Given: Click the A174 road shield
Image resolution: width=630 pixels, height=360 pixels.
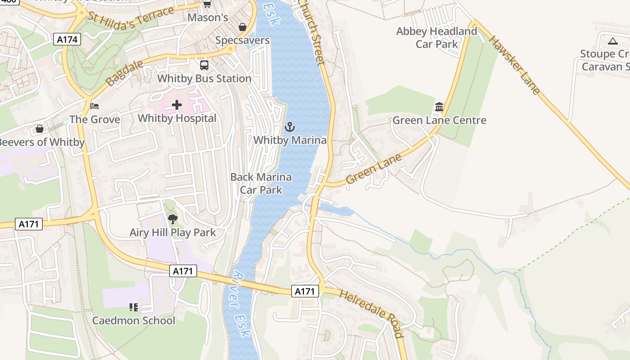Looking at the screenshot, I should tap(68, 40).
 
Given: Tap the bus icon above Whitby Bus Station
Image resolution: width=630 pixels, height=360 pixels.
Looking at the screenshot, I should tap(204, 65).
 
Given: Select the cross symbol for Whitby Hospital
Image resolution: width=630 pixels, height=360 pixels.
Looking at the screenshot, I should tap(177, 105).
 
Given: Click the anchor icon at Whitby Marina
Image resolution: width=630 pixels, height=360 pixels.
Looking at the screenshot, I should tap(290, 127).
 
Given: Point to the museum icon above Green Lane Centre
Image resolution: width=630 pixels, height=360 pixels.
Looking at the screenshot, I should tap(439, 107).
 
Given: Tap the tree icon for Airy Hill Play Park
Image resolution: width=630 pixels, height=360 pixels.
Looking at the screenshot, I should tap(172, 219).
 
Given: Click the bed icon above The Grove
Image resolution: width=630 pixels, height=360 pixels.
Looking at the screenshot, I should tap(94, 106).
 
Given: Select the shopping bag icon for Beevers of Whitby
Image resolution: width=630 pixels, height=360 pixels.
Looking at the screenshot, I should tap(40, 129).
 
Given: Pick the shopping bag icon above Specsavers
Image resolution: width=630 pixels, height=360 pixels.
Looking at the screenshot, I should tap(242, 27).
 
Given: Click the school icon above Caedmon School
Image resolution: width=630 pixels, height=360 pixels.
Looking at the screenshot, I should tap(133, 307).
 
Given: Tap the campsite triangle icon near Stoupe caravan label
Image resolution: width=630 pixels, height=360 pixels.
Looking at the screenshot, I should tap(612, 41).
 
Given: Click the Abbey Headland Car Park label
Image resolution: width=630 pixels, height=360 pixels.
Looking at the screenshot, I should tap(436, 38).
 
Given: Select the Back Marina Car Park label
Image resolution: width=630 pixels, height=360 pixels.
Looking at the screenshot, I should tap(261, 183).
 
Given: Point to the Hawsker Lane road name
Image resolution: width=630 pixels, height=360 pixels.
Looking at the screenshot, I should tap(514, 65).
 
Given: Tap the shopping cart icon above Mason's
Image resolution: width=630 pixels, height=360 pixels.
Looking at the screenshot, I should tap(207, 4).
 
